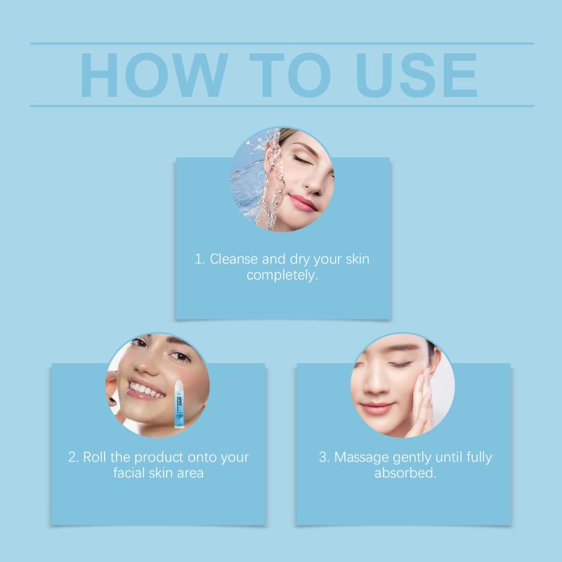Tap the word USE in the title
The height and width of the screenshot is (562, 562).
tap(417, 75)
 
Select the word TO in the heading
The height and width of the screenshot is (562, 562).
tap(290, 75)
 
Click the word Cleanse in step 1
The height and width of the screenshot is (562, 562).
tap(233, 259)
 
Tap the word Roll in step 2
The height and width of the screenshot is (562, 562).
tap(95, 457)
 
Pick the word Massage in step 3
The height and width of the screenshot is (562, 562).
tap(362, 458)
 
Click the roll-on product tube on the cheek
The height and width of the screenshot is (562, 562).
tap(179, 405)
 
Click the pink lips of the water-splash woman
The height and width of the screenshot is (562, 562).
tap(303, 203)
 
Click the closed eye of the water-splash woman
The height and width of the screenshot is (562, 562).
tap(301, 160)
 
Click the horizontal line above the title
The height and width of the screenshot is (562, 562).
tap(282, 44)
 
